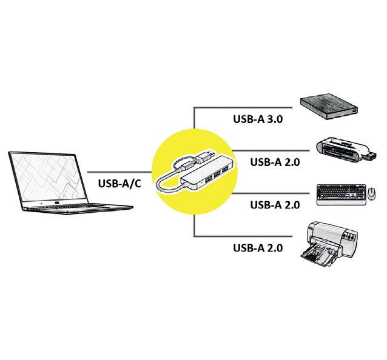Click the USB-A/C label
pyautogui.click(x=119, y=182)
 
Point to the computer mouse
pyautogui.click(x=371, y=195)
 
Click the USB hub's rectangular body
pyautogui.click(x=209, y=176)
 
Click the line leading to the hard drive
pyautogui.click(x=243, y=107)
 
